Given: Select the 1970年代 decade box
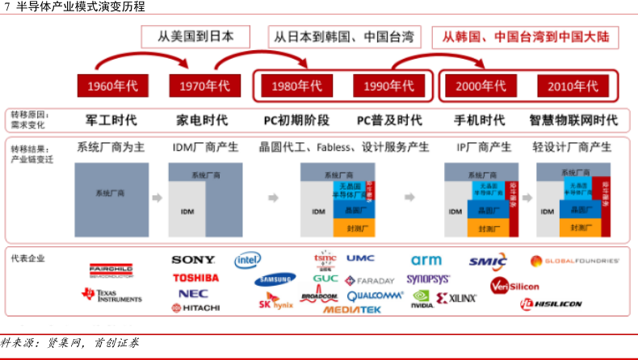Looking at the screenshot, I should [x=199, y=86].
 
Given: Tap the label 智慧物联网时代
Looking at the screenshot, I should [x=573, y=120].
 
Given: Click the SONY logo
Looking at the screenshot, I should [x=193, y=260].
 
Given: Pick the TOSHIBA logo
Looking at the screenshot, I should [x=195, y=278].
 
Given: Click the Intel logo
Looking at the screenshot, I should [x=247, y=260].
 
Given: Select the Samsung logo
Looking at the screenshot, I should [x=276, y=280].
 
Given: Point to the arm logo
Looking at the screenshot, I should [x=426, y=260].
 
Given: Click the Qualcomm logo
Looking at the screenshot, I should [x=375, y=295].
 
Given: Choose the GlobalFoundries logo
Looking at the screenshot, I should [x=574, y=261].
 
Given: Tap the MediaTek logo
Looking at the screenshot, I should [x=352, y=309].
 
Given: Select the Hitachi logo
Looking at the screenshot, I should [x=195, y=308].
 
